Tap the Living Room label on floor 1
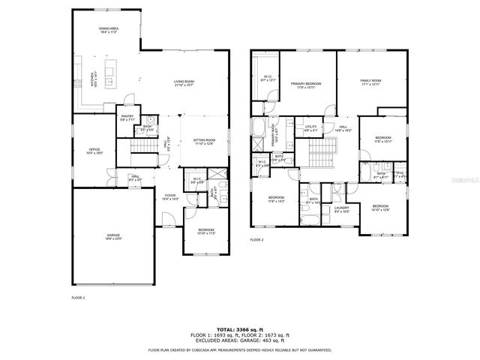(x=183, y=83)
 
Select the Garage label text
(x=113, y=236)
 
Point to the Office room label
(x=94, y=151)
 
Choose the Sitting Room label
(x=204, y=141)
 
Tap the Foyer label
(x=170, y=197)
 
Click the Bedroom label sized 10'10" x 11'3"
(x=205, y=231)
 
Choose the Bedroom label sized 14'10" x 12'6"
(x=381, y=208)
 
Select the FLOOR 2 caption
(x=257, y=239)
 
